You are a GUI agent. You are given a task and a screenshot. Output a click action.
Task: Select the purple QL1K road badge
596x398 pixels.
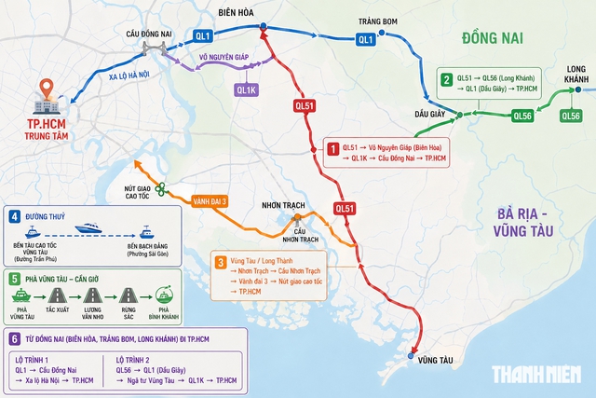point(246,90)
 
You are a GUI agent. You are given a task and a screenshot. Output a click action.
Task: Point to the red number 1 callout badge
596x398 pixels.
point(331,146)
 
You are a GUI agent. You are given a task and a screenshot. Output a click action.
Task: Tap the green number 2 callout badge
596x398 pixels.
point(447,80)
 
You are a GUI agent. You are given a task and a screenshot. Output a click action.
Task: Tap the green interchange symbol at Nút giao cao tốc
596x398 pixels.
point(161,189)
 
